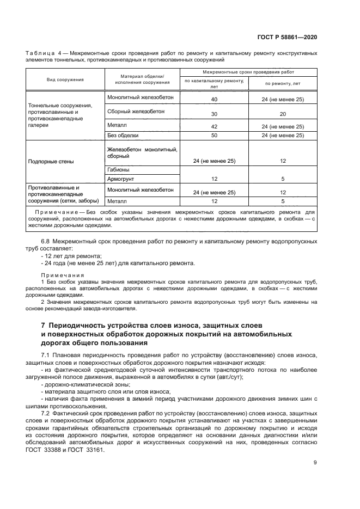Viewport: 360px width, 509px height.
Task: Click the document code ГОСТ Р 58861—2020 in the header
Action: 287,37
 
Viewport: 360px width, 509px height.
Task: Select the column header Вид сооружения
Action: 65,79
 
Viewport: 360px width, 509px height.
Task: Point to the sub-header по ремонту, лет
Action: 282,84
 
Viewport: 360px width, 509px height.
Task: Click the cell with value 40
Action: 213,100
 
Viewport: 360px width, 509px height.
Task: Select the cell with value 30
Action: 213,114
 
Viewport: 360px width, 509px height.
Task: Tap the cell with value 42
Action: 213,126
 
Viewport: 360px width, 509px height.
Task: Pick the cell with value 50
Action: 213,136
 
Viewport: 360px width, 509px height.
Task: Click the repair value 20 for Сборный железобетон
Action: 282,114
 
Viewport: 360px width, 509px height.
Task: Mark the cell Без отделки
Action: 123,136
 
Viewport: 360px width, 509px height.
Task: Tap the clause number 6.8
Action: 47,241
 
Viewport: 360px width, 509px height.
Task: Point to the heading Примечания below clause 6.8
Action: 62,275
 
